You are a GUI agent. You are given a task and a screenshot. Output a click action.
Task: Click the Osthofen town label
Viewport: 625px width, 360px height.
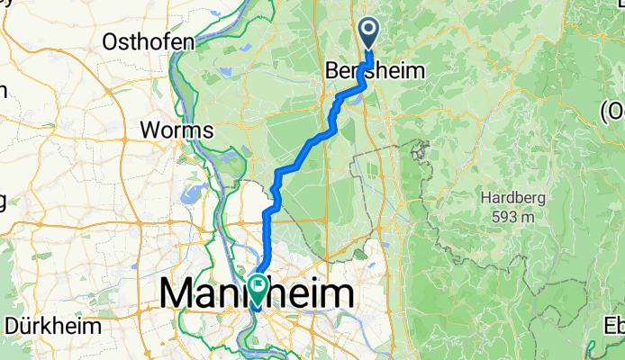[149, 42]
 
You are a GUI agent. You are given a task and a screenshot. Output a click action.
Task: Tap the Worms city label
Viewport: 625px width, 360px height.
[177, 130]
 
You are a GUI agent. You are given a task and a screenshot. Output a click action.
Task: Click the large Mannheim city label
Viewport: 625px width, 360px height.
[258, 294]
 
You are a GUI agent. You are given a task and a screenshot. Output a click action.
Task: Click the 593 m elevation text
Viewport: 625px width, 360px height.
[514, 217]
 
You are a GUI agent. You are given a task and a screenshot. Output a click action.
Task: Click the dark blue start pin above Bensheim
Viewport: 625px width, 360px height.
[370, 33]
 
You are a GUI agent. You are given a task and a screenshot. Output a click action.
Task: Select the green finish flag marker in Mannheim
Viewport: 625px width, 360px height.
[259, 289]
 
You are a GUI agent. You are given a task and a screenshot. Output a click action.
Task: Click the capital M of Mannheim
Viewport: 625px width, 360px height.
[177, 294]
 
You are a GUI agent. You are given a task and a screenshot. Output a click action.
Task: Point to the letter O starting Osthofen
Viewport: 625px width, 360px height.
[112, 42]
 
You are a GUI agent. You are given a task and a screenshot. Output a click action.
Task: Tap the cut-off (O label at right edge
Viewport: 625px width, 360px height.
[613, 110]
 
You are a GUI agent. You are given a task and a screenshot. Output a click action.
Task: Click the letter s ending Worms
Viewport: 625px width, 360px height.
[208, 130]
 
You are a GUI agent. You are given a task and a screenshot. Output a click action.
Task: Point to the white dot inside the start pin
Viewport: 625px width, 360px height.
[370, 30]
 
